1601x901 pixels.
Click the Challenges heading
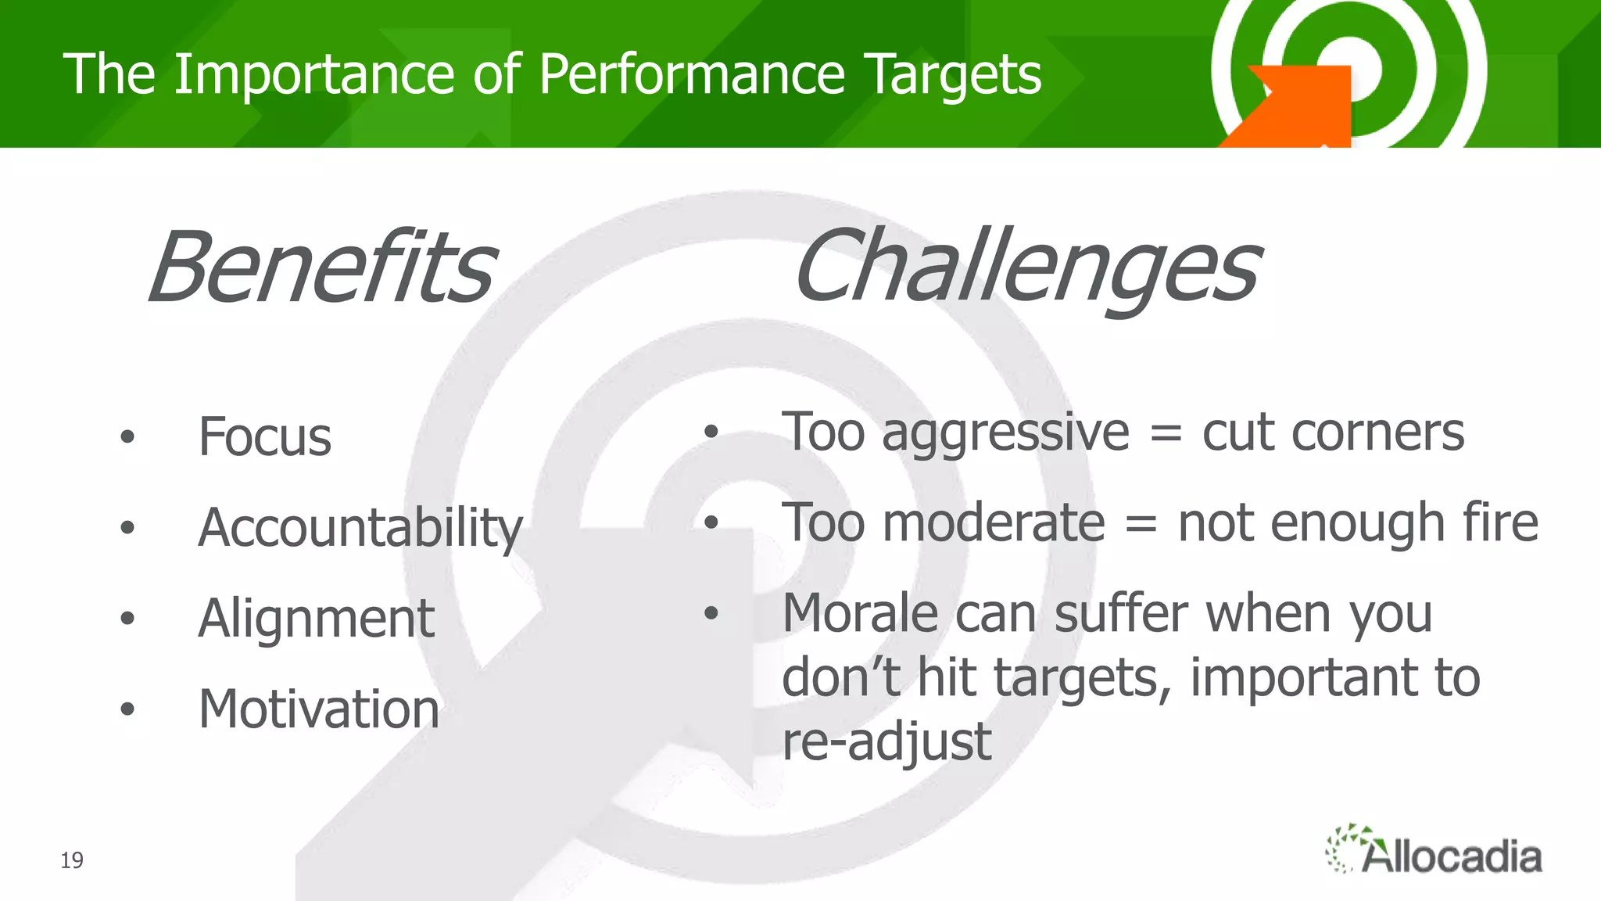[x=1026, y=267]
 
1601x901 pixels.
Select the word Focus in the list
[x=265, y=436]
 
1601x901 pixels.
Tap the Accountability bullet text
[x=360, y=528]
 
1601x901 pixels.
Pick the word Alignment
[x=316, y=619]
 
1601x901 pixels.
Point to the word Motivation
[x=319, y=709]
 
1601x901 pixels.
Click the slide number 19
[x=72, y=860]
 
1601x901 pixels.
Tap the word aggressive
[x=1005, y=433]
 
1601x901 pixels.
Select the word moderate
[x=994, y=522]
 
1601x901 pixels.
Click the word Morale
[x=860, y=613]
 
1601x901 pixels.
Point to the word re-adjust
[x=886, y=741]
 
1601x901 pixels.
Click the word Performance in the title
[x=692, y=74]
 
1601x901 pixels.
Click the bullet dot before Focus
[x=127, y=437]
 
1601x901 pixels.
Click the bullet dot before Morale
[x=711, y=613]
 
